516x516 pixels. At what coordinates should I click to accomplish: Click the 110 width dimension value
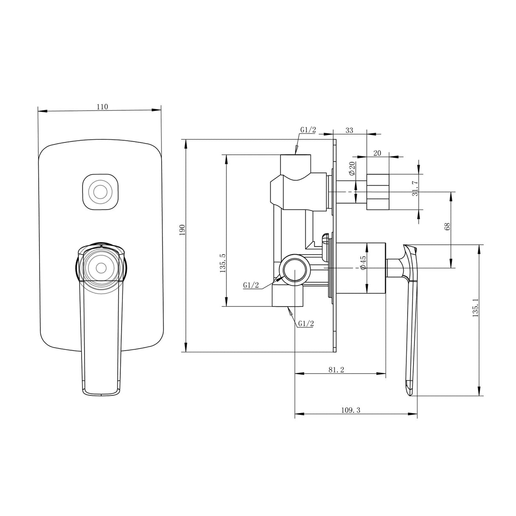[x=102, y=107]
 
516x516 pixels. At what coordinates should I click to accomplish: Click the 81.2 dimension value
[x=336, y=370]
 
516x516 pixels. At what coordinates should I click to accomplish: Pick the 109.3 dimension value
[x=351, y=410]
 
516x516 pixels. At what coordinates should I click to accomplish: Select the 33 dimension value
[x=349, y=130]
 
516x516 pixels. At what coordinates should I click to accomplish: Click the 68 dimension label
[x=447, y=226]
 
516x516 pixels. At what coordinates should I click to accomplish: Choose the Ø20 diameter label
[x=352, y=169]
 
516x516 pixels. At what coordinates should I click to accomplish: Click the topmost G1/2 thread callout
[x=308, y=130]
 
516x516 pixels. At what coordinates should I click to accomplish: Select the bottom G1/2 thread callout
[x=306, y=323]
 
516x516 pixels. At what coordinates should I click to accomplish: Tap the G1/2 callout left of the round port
[x=251, y=285]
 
